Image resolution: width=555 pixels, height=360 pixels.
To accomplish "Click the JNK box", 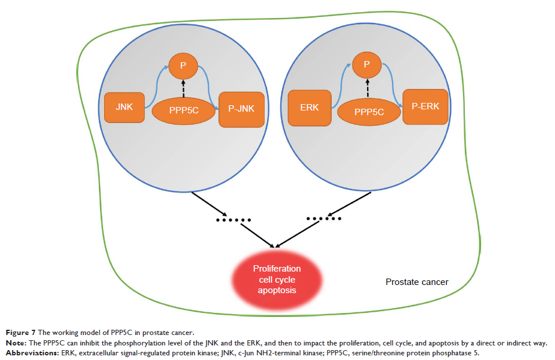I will (124, 107).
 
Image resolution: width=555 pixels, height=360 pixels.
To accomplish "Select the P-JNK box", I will (241, 109).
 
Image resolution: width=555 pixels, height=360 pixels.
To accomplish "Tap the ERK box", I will (309, 108).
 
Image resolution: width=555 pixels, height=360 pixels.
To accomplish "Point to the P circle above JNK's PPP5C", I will (183, 66).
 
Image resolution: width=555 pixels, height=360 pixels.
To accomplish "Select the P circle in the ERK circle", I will (367, 64).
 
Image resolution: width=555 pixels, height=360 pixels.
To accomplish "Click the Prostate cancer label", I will (417, 282).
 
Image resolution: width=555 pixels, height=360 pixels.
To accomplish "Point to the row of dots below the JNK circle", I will (233, 220).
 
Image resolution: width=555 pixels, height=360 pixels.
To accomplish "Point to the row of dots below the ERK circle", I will (324, 219).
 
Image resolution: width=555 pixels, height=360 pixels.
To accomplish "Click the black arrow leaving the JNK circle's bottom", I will (211, 204).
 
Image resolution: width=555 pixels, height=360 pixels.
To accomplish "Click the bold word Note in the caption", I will (16, 343).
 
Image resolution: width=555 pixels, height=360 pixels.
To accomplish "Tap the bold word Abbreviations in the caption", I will (30, 353).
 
